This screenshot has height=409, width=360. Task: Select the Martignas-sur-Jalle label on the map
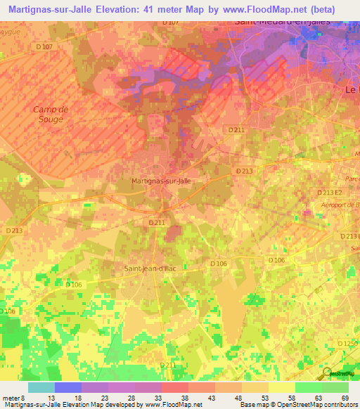(x=161, y=181)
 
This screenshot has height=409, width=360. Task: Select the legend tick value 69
(x=344, y=397)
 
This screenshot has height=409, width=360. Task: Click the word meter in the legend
(x=12, y=397)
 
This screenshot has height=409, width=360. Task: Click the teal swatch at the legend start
(x=41, y=387)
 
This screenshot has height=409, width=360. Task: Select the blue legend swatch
(x=68, y=387)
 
